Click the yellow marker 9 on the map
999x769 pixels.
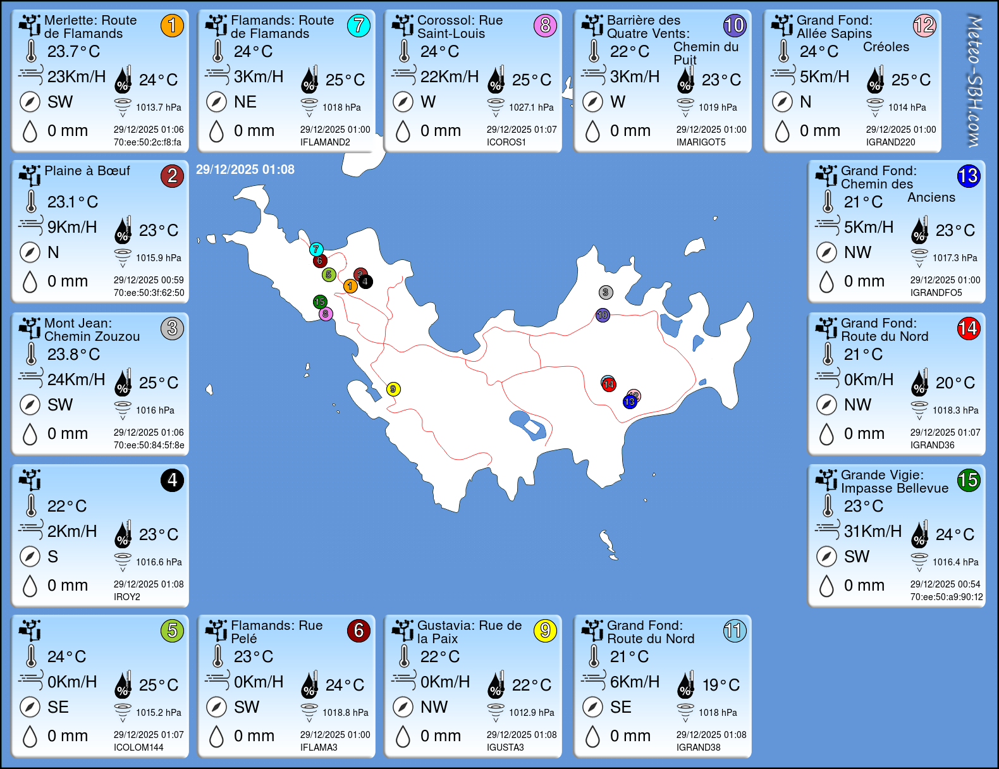click(x=393, y=389)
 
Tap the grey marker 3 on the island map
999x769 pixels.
click(x=606, y=292)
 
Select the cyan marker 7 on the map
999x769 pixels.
click(x=316, y=249)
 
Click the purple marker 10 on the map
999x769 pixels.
click(x=603, y=315)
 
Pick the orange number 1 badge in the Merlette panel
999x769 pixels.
click(x=172, y=25)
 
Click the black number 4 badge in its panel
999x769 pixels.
click(x=172, y=480)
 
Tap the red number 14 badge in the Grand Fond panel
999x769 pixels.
click(x=968, y=328)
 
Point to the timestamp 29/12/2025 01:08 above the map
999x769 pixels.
click(x=245, y=169)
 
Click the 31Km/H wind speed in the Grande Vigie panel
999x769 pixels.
click(x=873, y=531)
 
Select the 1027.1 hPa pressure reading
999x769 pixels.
click(x=531, y=108)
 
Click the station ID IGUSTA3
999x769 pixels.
click(x=505, y=747)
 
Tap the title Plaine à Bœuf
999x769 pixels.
click(x=87, y=171)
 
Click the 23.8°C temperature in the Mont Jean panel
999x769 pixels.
click(x=73, y=354)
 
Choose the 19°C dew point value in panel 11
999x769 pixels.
click(x=721, y=685)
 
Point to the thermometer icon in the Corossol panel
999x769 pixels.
click(x=404, y=51)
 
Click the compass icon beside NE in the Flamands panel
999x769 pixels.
click(x=216, y=102)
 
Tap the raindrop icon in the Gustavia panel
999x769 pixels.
click(x=403, y=736)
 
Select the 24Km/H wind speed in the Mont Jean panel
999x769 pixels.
click(x=76, y=379)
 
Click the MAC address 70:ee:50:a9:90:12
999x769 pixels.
click(x=947, y=597)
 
